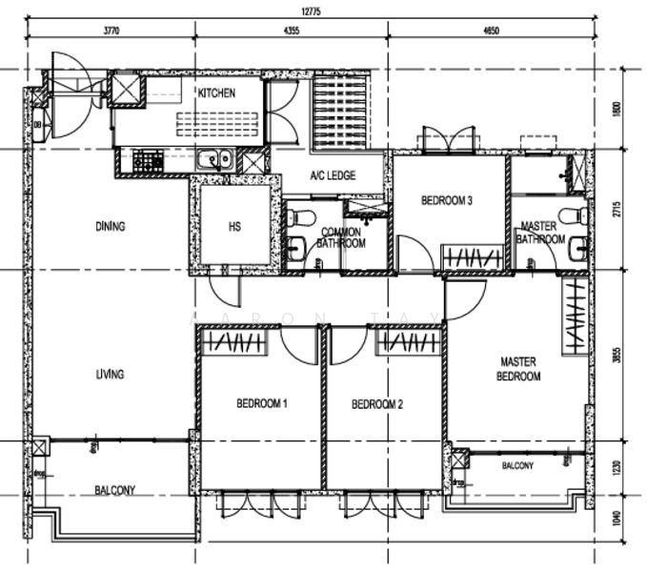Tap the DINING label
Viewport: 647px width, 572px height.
[111, 227]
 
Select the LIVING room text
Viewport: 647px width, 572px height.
[110, 375]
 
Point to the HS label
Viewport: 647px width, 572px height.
[235, 228]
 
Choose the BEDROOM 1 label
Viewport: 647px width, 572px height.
[262, 404]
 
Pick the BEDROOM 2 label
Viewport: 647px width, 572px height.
[377, 404]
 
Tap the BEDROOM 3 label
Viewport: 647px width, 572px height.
[448, 201]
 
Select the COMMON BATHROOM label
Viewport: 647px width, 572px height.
[342, 237]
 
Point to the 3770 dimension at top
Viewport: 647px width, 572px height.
[109, 31]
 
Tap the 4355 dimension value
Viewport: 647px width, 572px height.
[291, 31]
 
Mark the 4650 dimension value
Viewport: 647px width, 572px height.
[491, 31]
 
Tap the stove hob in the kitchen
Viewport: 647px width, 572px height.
[148, 161]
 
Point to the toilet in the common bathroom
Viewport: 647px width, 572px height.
[298, 218]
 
